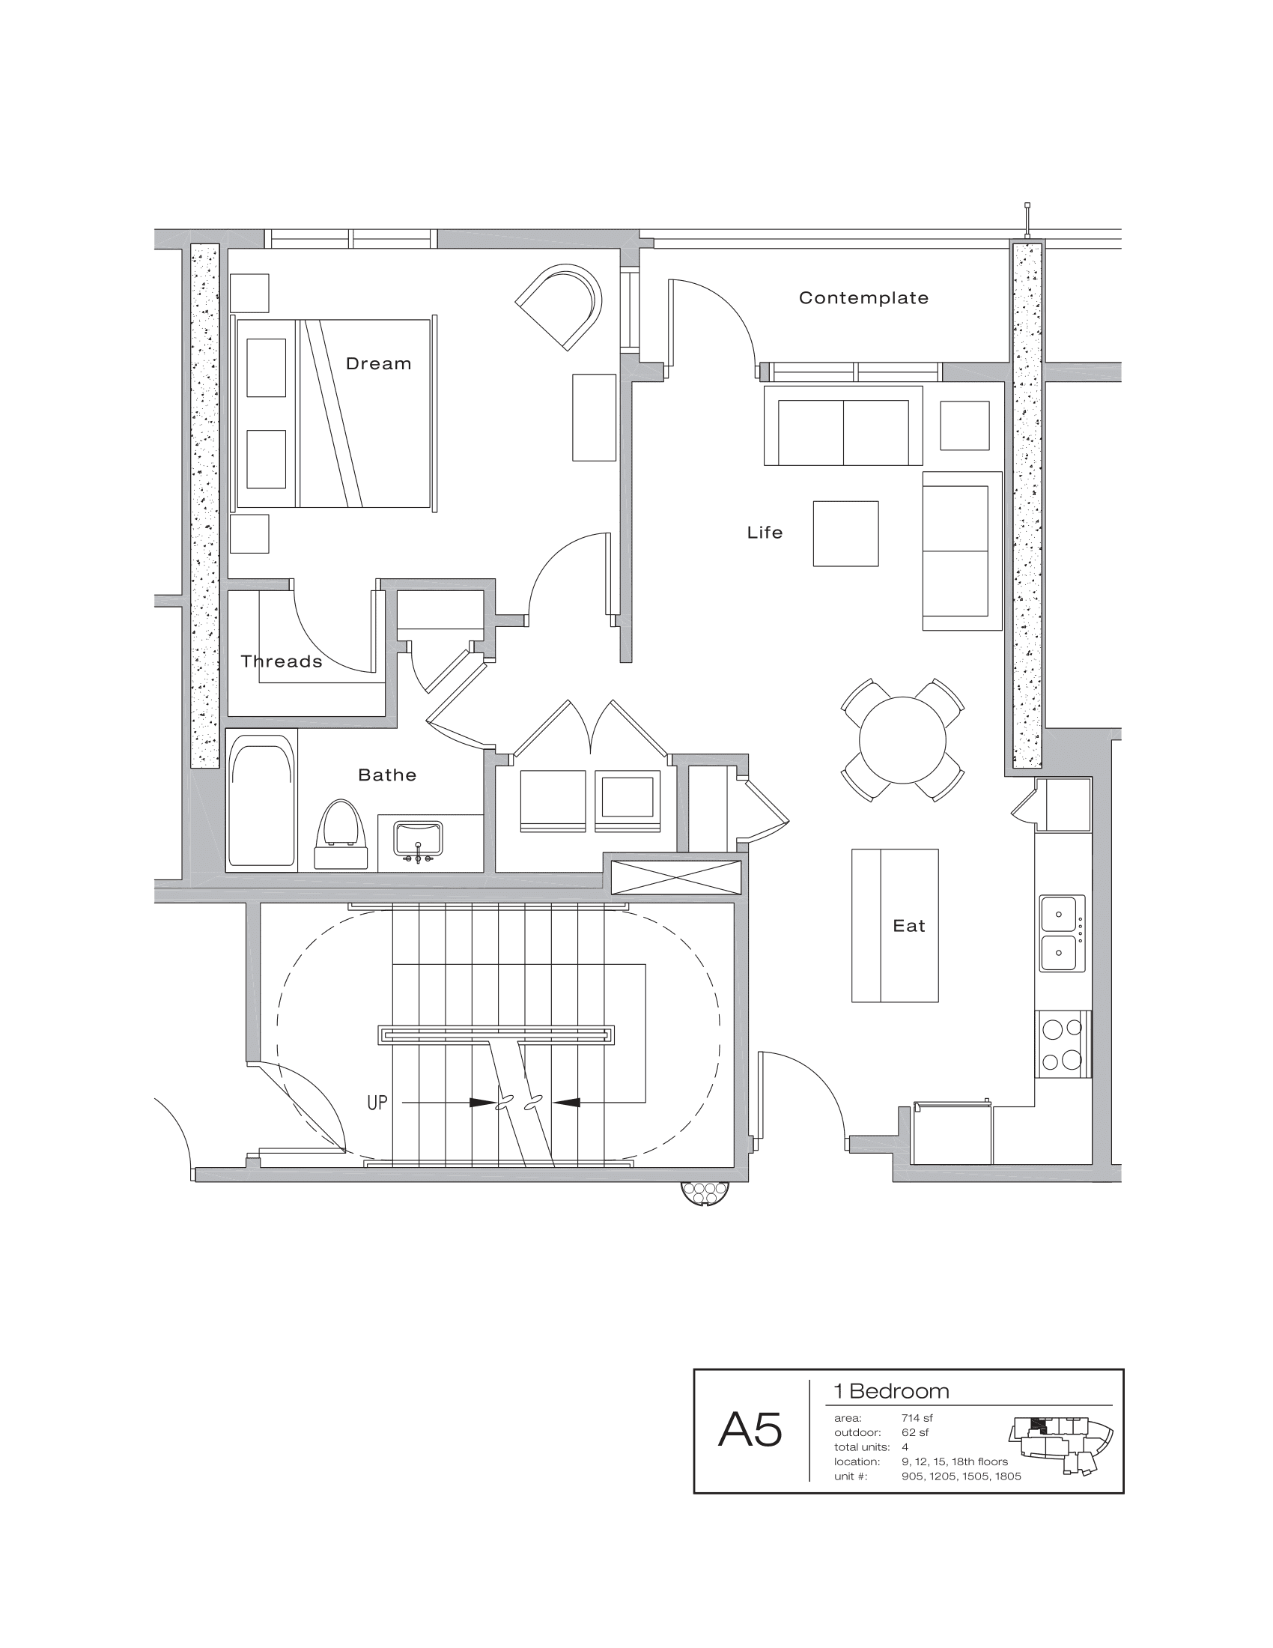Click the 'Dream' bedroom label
379,364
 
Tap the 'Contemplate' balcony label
863,298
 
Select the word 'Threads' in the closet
282,661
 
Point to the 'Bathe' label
387,775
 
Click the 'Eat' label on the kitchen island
909,926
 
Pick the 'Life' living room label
765,533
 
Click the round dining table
902,740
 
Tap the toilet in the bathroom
341,835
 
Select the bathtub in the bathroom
261,801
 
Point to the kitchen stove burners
1062,1044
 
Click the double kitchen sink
1062,933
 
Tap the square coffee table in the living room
845,533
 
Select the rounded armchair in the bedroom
562,306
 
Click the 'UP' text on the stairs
377,1103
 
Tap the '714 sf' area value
917,1418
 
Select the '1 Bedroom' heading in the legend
890,1392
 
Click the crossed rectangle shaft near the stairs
675,877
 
